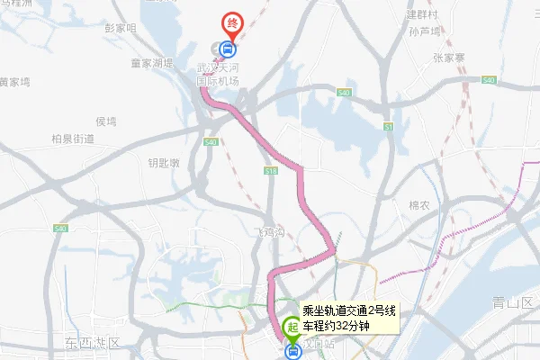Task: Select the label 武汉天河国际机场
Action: pos(220,75)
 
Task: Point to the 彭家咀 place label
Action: pos(120,28)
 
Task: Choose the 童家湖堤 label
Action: pos(151,63)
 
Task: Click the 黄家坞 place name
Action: pos(14,81)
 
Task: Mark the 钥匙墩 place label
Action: pos(164,163)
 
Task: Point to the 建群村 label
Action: pos(421,14)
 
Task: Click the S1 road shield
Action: pos(389,128)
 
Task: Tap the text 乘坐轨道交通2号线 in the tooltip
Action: pos(349,310)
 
